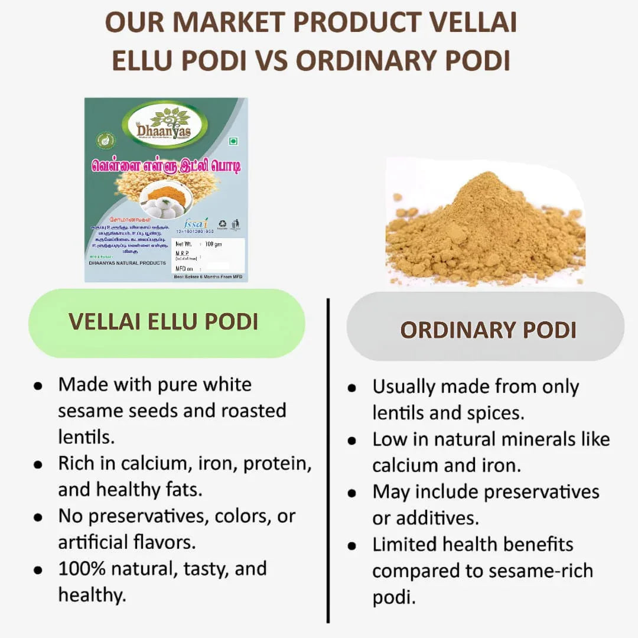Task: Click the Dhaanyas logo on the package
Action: (x=165, y=125)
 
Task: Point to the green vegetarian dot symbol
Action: (x=233, y=141)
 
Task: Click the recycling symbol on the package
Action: (x=222, y=224)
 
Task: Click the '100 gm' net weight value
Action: (x=213, y=243)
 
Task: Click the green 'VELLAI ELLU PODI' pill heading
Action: (x=166, y=322)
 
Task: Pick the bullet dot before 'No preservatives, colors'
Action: (x=38, y=517)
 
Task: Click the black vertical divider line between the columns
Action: (x=328, y=461)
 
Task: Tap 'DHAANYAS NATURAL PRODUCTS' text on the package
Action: (x=127, y=263)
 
